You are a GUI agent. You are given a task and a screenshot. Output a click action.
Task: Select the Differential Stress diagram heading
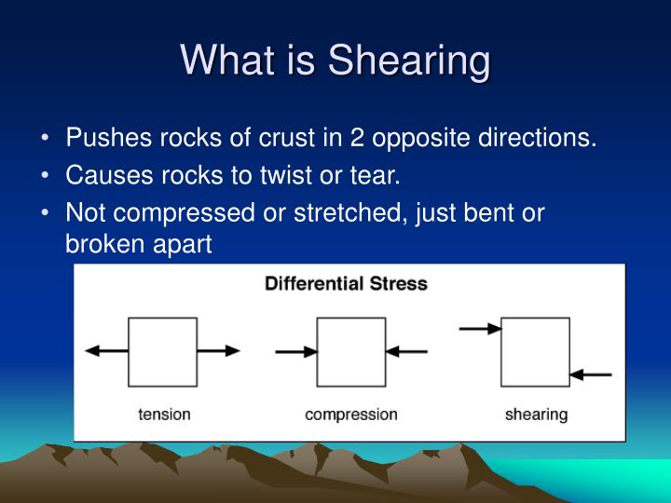click(346, 283)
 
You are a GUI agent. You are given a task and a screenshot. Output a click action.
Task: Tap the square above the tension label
click(162, 351)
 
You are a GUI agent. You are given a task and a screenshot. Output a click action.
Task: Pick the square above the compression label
click(350, 351)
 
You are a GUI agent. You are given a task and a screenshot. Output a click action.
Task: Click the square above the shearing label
click(535, 351)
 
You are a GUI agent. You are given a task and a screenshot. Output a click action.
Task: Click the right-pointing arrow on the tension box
click(219, 351)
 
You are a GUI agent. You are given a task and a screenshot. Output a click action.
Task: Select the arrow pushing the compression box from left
click(296, 352)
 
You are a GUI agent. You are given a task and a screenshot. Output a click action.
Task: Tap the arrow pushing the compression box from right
click(406, 352)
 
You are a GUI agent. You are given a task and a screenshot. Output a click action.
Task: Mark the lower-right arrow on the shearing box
click(590, 374)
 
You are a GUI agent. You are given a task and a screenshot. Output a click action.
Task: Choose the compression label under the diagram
click(350, 415)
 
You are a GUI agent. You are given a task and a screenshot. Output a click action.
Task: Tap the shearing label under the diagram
click(536, 415)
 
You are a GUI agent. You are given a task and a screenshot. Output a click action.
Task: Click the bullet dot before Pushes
click(46, 140)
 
